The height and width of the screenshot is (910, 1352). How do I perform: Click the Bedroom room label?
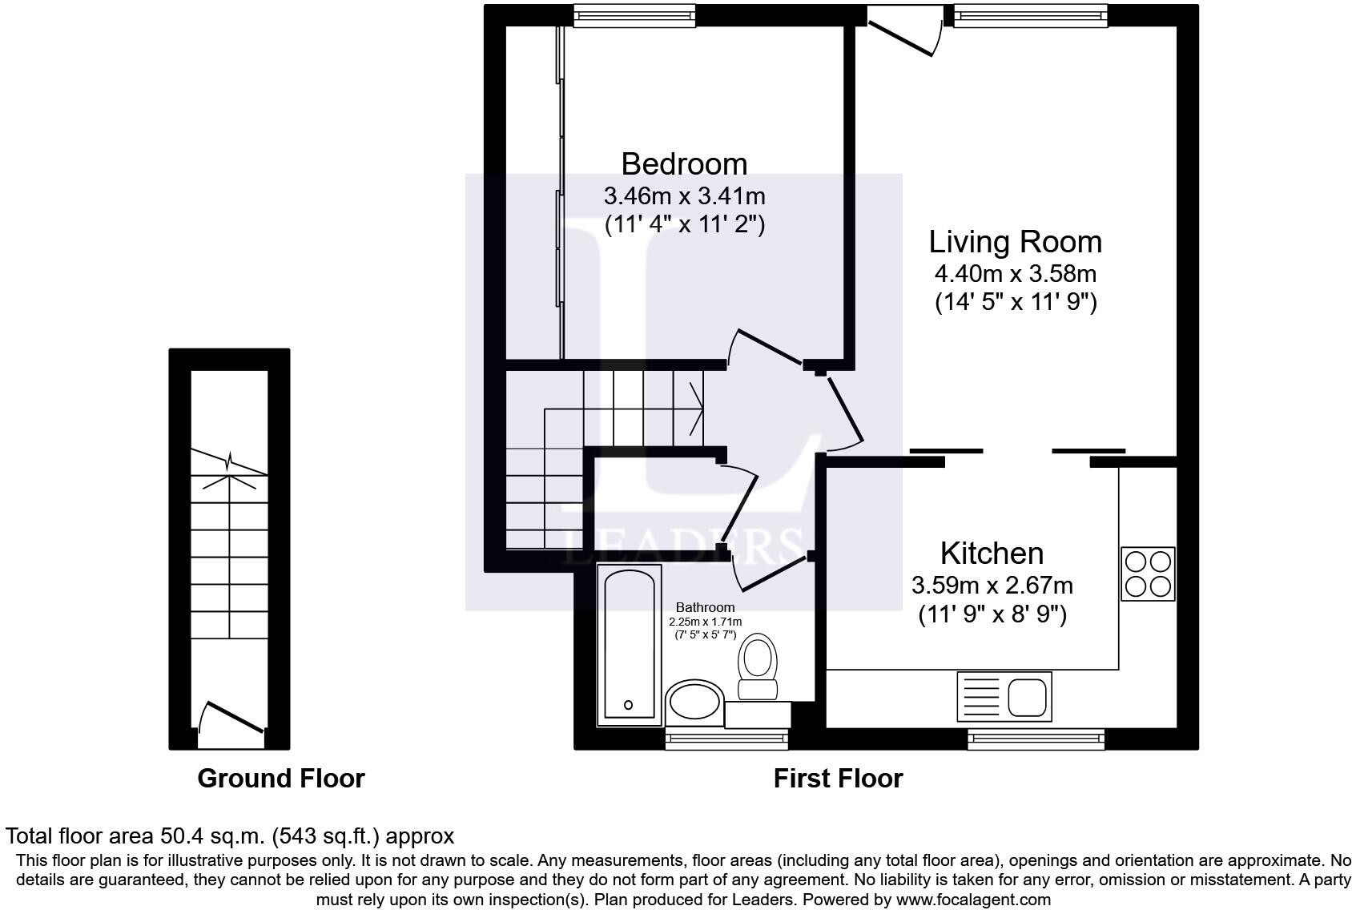tap(684, 163)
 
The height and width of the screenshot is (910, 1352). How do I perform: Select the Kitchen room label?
tap(992, 554)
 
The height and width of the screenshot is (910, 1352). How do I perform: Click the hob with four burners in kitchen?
tap(1148, 574)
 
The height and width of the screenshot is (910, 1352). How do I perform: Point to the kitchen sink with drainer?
tap(1004, 696)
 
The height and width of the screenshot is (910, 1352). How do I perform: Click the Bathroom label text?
tap(705, 607)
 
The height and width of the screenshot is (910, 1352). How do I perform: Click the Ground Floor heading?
tap(281, 779)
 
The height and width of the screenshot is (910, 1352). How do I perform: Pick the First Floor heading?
tap(838, 779)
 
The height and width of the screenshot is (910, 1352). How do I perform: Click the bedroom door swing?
tap(765, 348)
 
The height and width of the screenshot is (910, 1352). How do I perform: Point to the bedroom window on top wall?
tap(634, 15)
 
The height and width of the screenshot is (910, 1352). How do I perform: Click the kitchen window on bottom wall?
tap(1036, 739)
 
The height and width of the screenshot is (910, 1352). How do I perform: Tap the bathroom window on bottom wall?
tap(726, 739)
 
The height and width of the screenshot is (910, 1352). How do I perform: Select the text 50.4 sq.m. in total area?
tap(211, 836)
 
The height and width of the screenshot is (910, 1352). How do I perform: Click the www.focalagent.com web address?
tap(972, 899)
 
